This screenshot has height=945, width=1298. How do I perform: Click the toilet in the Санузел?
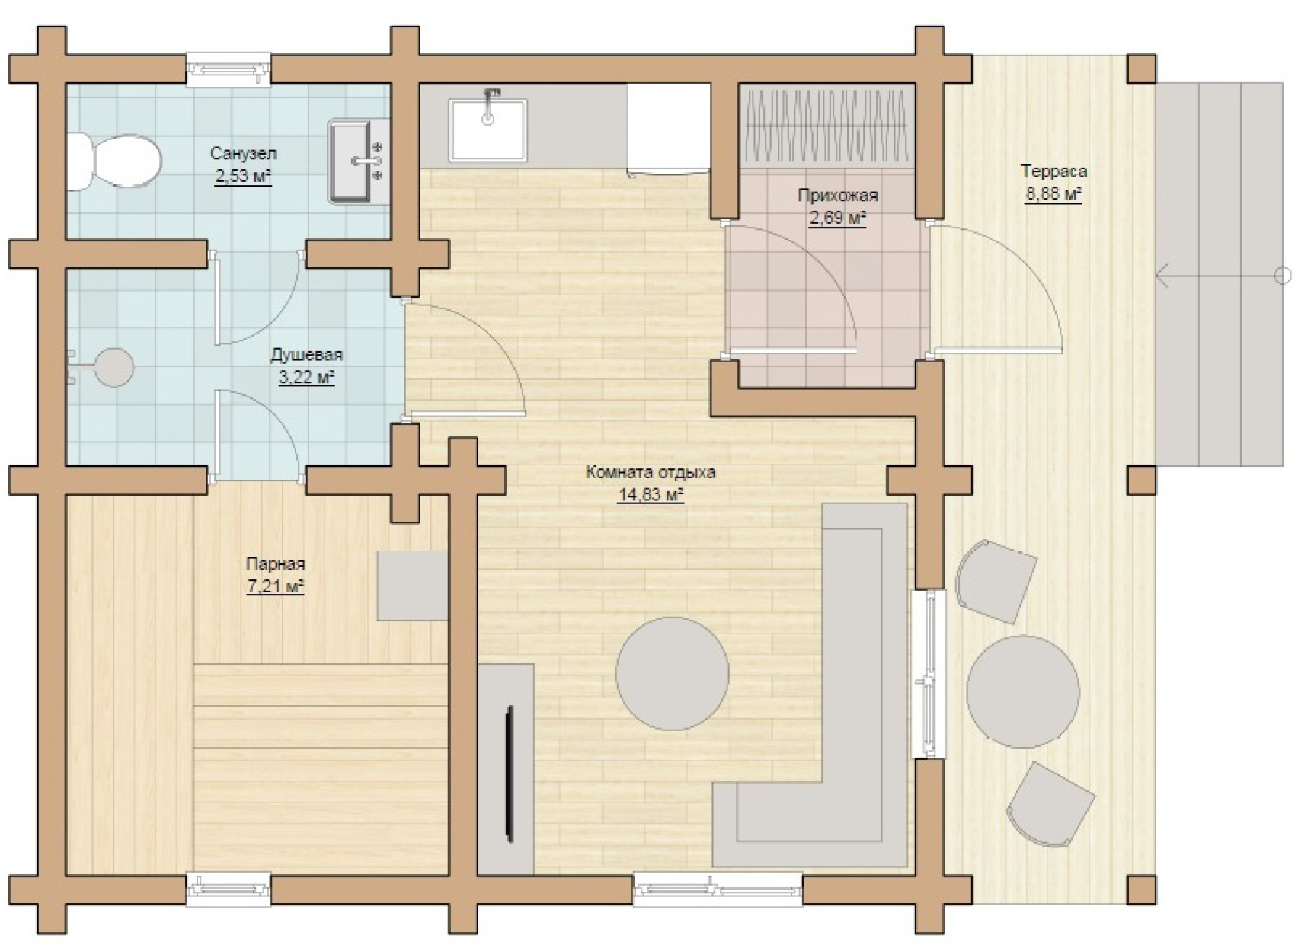coord(113,161)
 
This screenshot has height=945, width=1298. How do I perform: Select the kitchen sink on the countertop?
coord(489,129)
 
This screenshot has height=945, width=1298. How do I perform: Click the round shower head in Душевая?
coord(114,367)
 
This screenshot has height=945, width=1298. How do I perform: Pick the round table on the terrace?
coord(1023,691)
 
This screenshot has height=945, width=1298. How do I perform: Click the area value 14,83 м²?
coord(651,496)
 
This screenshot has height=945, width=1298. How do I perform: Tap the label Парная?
coord(276,563)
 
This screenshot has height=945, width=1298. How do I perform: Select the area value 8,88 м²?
coord(1054,193)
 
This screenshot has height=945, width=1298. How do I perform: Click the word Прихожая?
coord(838,195)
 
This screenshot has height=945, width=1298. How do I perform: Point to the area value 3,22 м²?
coord(307,378)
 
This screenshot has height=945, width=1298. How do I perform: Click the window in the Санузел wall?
coord(229,70)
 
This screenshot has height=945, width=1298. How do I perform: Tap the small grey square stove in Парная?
coord(413,586)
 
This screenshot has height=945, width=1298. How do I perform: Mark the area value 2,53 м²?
coord(244,176)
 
